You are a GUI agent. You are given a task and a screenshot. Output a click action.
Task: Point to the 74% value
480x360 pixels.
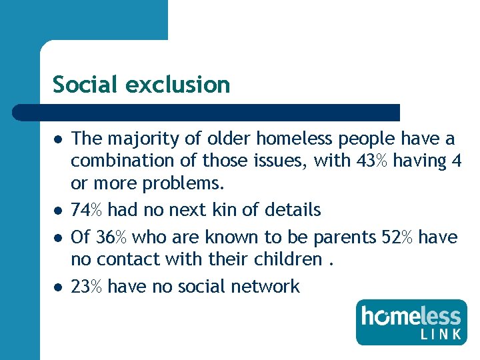click(87, 210)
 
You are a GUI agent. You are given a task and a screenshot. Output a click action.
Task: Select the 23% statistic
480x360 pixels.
click(87, 287)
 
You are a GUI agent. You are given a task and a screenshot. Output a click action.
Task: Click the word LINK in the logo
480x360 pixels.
click(441, 334)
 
